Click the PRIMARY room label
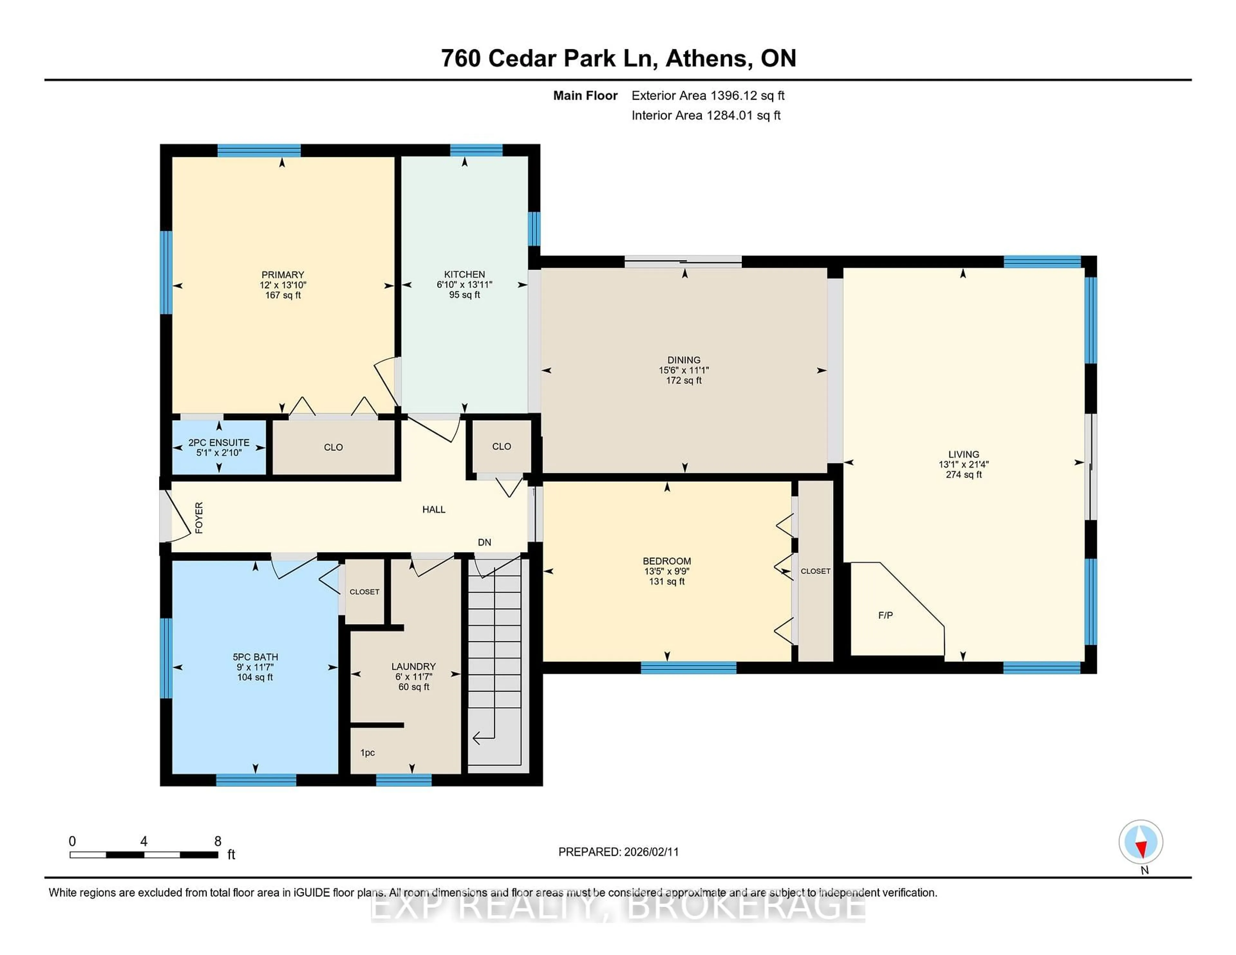[x=282, y=274]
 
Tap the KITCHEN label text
[x=464, y=274]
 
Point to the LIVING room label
[x=963, y=454]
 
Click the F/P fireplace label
[x=885, y=615]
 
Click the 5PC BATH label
[x=255, y=657]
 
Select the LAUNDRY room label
[x=413, y=666]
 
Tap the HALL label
[x=434, y=509]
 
